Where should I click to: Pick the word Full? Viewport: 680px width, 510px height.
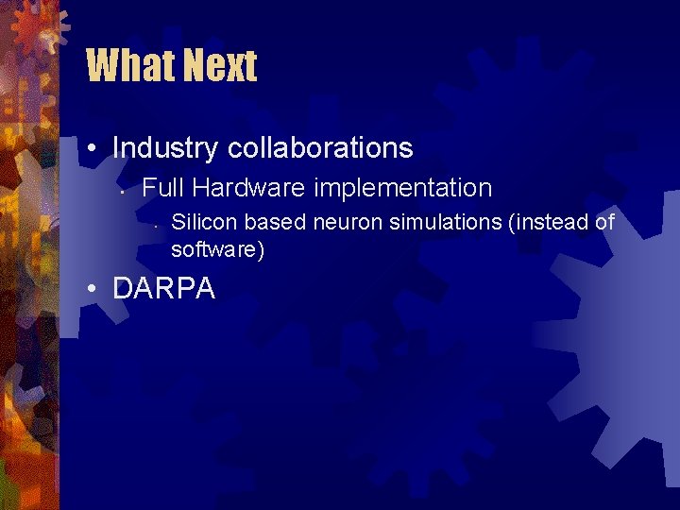[161, 188]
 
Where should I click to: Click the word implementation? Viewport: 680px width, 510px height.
[403, 189]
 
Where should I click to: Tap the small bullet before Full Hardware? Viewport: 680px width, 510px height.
[125, 191]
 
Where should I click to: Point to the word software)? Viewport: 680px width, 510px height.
[218, 250]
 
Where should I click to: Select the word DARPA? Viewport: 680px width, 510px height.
[163, 289]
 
